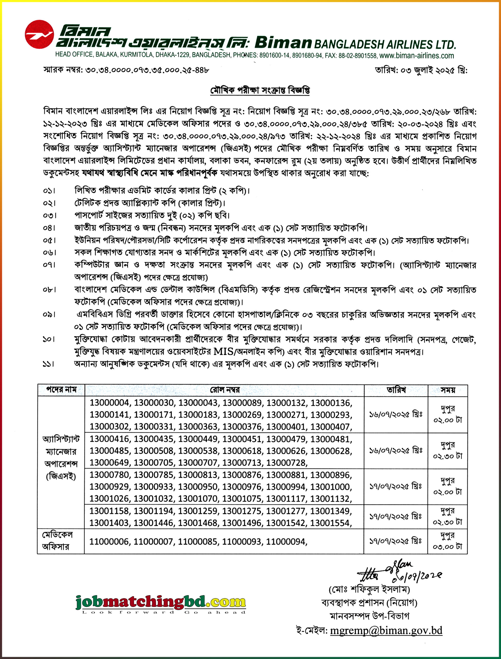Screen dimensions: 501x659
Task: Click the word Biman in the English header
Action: coord(283,43)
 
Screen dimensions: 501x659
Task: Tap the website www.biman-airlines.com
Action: coord(417,56)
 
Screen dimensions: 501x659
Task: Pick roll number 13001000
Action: coord(331,487)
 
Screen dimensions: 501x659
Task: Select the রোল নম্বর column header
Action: coord(224,390)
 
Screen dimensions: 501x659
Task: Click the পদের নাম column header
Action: coord(61,390)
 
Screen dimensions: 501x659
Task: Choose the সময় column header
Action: coord(448,390)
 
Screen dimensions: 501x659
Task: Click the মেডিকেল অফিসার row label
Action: coord(57,541)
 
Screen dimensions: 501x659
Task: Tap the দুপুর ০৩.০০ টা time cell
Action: coord(448,541)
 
